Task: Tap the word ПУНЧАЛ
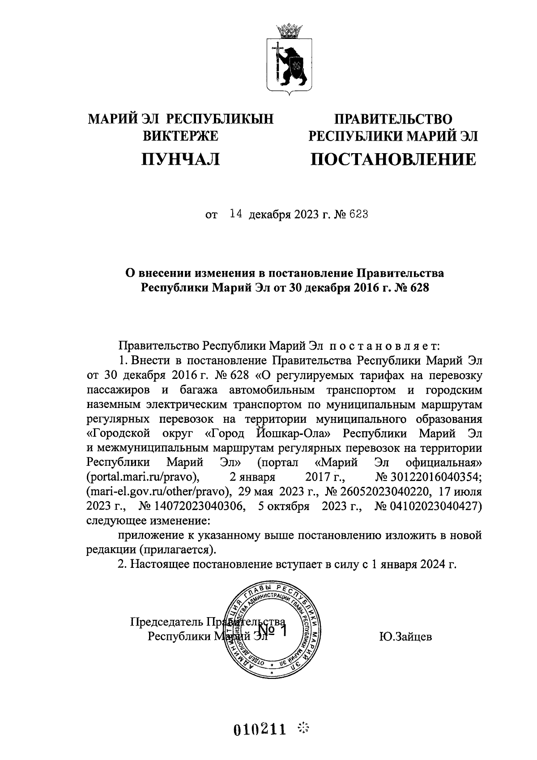180,159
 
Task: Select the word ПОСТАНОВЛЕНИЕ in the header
393,159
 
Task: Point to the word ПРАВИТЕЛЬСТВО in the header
393,119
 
